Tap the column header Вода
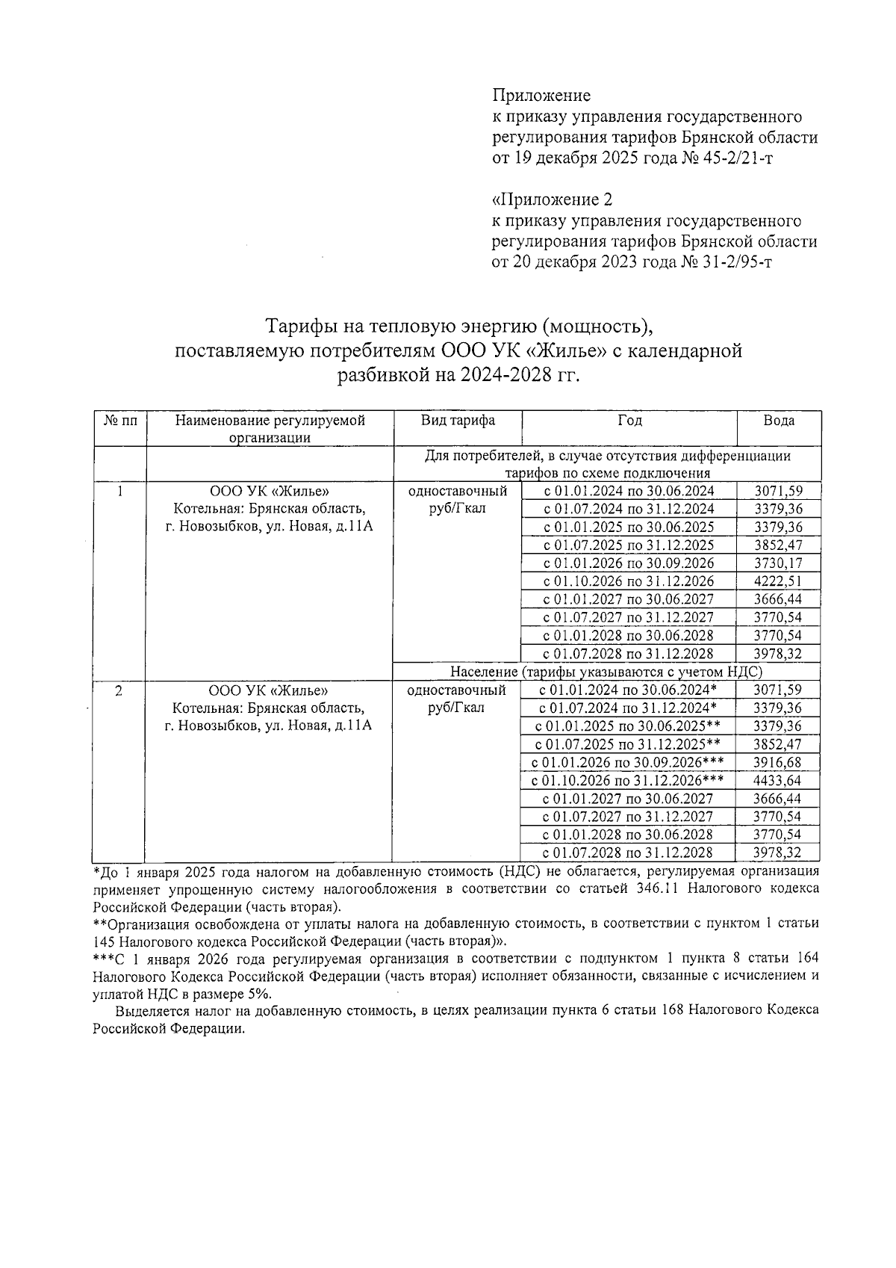click(779, 421)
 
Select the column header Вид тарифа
click(457, 421)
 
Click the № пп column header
click(119, 421)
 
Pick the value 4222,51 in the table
click(778, 581)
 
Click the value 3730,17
click(778, 563)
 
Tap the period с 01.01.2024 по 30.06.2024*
click(628, 690)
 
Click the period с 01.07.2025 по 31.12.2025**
click(628, 744)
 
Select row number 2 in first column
click(119, 690)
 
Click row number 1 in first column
click(119, 492)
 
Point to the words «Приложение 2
click(553, 200)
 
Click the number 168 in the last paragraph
click(672, 1009)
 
